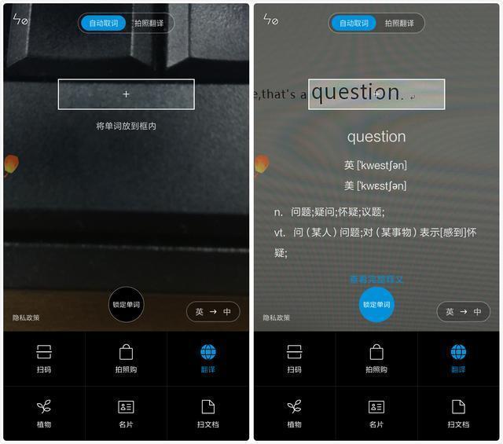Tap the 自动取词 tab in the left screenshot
104,23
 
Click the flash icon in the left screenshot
20,19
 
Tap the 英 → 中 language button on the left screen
213,311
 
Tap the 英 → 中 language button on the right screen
463,311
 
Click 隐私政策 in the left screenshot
26,317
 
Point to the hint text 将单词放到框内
126,126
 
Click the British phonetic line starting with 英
376,165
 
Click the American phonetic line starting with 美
376,185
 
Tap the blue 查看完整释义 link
376,279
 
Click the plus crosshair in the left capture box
126,94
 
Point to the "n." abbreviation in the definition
279,212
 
